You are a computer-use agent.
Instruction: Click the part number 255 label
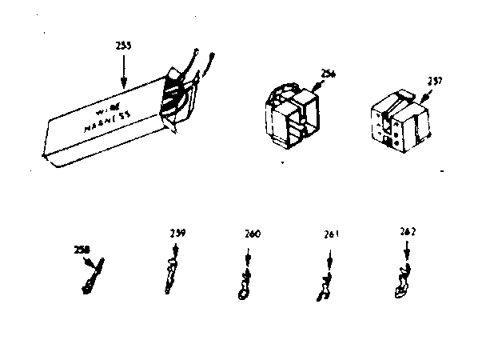pos(125,46)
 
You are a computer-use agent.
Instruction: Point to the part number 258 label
pos(80,250)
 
